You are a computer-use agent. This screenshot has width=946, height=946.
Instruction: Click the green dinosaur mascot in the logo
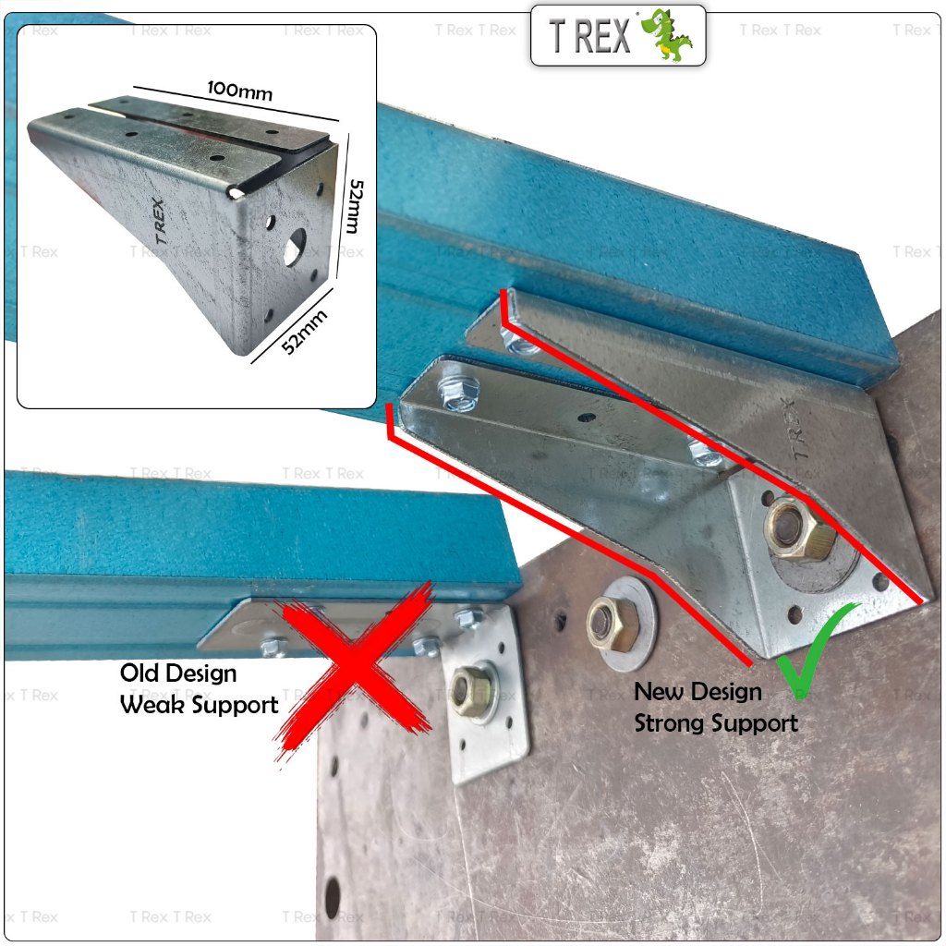pos(666,35)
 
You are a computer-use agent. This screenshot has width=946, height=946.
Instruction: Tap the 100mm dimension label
pos(239,91)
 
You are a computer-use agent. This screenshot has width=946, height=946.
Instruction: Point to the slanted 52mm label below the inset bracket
pos(305,332)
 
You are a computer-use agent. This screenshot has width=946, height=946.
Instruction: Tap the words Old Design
pos(178,673)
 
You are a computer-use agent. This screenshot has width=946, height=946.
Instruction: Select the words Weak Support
pos(200,705)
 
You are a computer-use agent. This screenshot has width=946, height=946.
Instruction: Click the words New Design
pos(698,691)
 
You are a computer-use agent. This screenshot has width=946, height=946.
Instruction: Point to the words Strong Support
pos(716,722)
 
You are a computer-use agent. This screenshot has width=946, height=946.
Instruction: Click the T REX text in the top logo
pos(589,36)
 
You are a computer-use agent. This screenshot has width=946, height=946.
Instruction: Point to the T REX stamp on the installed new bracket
pos(796,428)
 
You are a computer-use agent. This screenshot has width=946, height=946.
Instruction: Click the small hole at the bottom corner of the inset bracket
pos(269,315)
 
